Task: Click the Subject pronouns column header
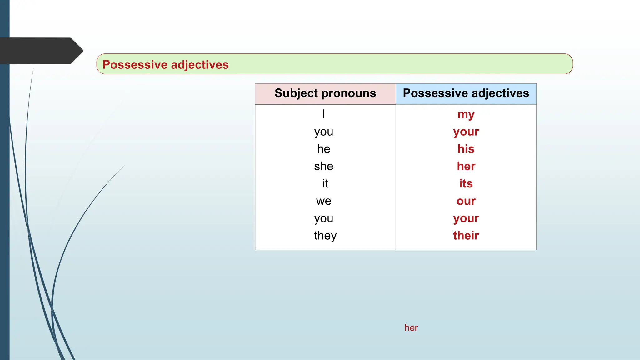(x=325, y=93)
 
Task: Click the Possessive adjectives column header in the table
(x=466, y=93)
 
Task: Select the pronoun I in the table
(x=324, y=114)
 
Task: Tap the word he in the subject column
(x=324, y=149)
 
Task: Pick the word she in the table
(x=324, y=166)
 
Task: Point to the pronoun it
(x=325, y=183)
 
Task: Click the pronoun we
(x=324, y=201)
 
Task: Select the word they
(x=325, y=236)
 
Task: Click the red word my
(x=466, y=115)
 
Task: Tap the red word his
(x=466, y=149)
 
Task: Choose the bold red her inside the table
(x=466, y=166)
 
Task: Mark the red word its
(x=466, y=183)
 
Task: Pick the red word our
(x=466, y=201)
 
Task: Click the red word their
(x=466, y=236)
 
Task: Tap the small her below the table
(x=411, y=328)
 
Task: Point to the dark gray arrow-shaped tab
(x=41, y=51)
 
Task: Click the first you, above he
(x=324, y=132)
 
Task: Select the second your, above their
(x=466, y=218)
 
